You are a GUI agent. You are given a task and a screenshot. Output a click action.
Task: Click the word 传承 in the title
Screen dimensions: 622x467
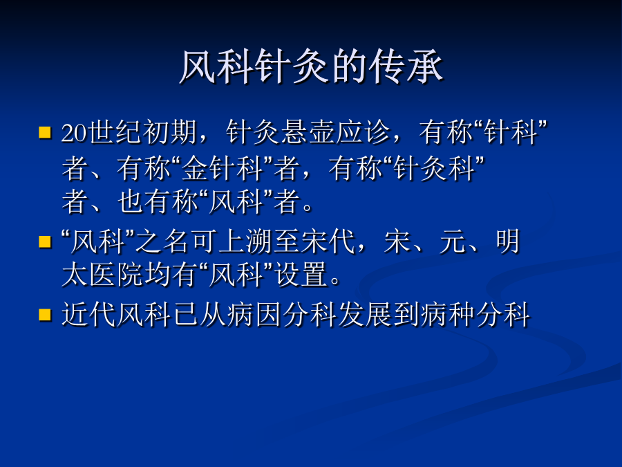pos(406,66)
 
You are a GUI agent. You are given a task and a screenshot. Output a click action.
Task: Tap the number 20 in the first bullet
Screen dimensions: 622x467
pos(75,132)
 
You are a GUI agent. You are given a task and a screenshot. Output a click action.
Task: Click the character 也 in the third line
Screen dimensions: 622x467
pos(131,201)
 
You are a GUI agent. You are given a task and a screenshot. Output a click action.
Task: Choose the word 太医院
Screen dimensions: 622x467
pos(102,275)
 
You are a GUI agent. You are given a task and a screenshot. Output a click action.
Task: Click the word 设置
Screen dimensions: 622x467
pos(301,275)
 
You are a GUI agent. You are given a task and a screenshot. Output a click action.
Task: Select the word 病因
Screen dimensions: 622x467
pos(254,314)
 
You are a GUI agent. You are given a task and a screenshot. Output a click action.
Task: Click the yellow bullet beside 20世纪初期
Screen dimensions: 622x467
pos(45,132)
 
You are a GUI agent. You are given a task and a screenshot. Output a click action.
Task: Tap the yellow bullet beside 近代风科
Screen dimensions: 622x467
pos(45,315)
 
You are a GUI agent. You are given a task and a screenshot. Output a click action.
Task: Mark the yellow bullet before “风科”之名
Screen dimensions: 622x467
pos(45,242)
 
